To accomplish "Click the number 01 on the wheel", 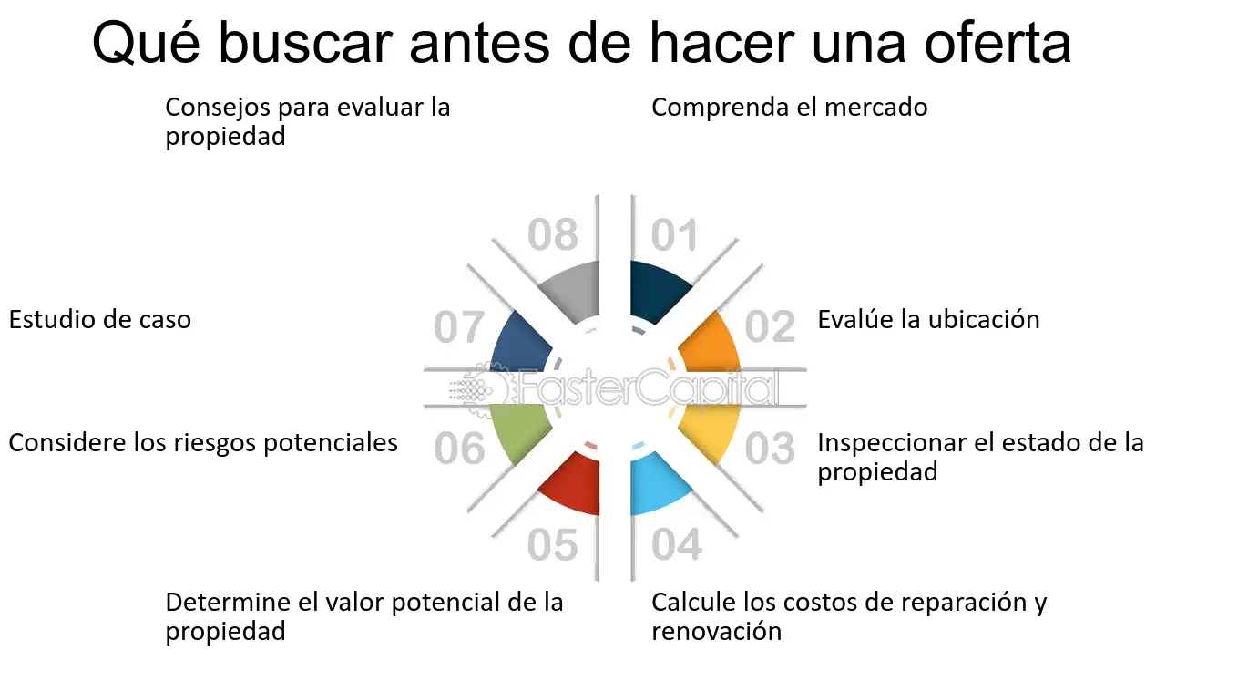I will tap(674, 236).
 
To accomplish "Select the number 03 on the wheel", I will tap(771, 448).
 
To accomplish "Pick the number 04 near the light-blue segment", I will tap(677, 545).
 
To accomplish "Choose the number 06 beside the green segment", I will tap(459, 449).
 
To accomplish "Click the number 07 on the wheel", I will tap(459, 328).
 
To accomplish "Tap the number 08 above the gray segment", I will tap(553, 236).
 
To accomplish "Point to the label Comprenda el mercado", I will tap(789, 108).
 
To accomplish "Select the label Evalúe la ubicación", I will tap(928, 320).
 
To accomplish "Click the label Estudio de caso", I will tap(100, 320).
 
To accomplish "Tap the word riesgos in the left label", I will tap(211, 443).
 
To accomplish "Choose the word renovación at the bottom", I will tap(716, 631).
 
